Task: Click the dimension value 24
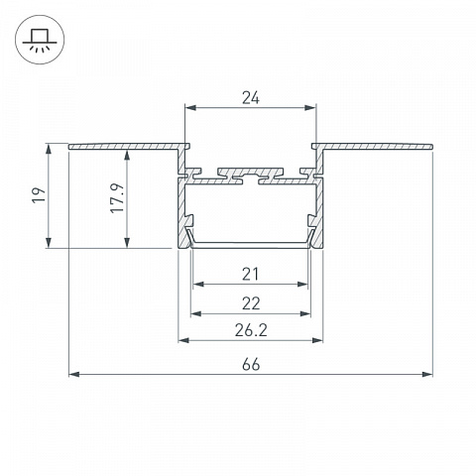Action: pos(251,98)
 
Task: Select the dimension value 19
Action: pos(40,195)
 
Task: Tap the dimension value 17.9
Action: pos(118,197)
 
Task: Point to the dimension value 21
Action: pos(250,274)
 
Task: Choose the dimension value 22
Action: pos(251,303)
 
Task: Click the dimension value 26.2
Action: pos(251,330)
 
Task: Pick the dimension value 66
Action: pos(251,365)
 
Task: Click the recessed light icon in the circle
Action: pos(40,41)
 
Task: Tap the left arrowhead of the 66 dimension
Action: pos(74,375)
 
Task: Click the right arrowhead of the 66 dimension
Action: pos(427,375)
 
